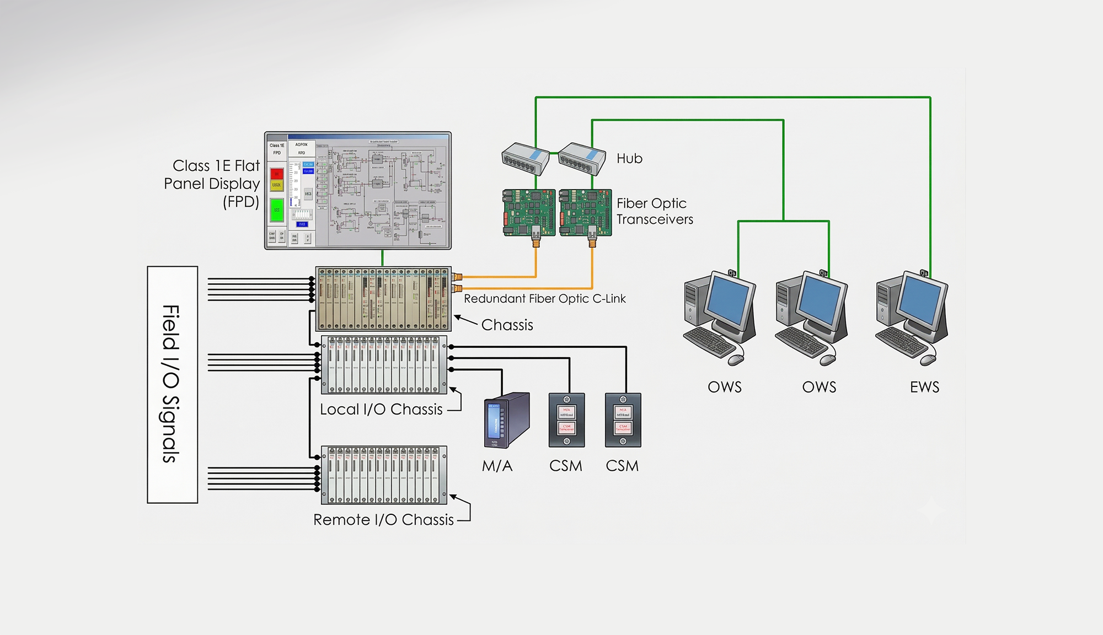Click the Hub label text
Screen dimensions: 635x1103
(x=629, y=159)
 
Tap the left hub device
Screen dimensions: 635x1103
(x=525, y=158)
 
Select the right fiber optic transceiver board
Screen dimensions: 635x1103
(x=585, y=212)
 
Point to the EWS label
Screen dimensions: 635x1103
(x=924, y=387)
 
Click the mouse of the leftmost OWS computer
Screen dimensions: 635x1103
(x=736, y=360)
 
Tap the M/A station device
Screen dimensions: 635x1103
(x=506, y=420)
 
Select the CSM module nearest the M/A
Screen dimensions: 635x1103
(x=566, y=420)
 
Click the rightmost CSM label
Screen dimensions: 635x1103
(x=622, y=466)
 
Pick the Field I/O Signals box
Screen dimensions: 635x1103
(x=172, y=384)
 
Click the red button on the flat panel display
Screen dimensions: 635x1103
(x=277, y=174)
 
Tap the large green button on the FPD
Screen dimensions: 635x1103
(x=276, y=210)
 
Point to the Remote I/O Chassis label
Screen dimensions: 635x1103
(x=383, y=520)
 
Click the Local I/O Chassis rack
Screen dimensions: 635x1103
(x=384, y=365)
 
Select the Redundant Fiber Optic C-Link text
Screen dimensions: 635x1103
(x=544, y=299)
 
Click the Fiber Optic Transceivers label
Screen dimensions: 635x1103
(x=654, y=211)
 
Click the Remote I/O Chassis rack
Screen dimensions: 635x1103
(x=384, y=475)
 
